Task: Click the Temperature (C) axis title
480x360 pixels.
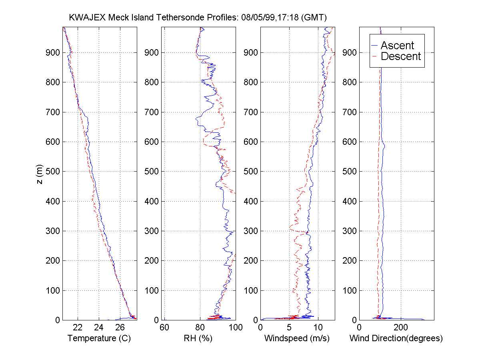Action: [99, 338]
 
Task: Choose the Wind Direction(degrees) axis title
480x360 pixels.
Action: [396, 338]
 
